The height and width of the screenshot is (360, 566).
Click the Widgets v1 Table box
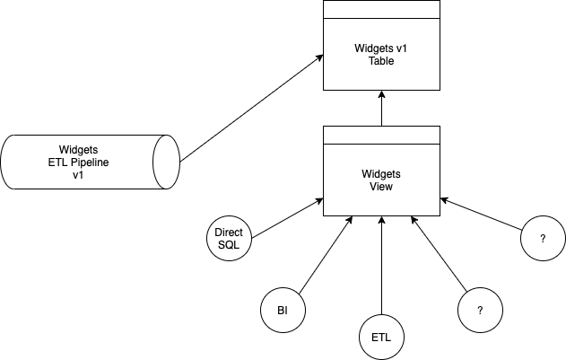pos(381,54)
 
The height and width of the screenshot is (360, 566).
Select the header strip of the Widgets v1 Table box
pos(381,10)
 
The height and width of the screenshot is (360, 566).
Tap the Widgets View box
pos(381,180)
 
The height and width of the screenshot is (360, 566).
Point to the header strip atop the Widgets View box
pos(381,136)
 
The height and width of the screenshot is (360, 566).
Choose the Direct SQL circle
pos(230,238)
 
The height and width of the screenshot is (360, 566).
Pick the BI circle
pos(282,311)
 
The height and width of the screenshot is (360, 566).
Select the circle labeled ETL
pos(381,338)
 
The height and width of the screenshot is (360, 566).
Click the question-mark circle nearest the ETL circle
pos(480,311)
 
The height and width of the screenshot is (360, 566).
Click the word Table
pos(381,61)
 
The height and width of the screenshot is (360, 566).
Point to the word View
pos(381,187)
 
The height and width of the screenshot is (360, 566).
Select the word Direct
pos(230,233)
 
